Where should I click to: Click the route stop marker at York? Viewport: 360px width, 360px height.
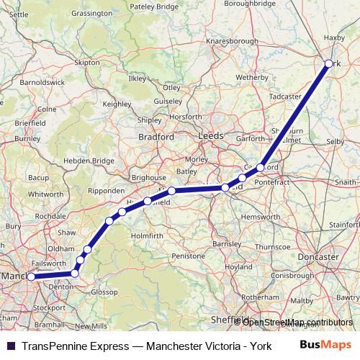coord(329,64)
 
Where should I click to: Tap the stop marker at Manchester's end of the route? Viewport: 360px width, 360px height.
coord(30,276)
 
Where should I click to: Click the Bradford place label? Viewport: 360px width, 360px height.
coord(156,135)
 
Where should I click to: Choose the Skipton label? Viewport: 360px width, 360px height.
coord(86,63)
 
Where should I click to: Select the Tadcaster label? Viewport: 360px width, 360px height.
coord(284,96)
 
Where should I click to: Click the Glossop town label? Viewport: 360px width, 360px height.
coord(104,292)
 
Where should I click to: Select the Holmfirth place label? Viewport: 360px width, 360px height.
coord(148,235)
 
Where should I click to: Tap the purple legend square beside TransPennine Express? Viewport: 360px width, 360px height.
coord(10,345)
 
